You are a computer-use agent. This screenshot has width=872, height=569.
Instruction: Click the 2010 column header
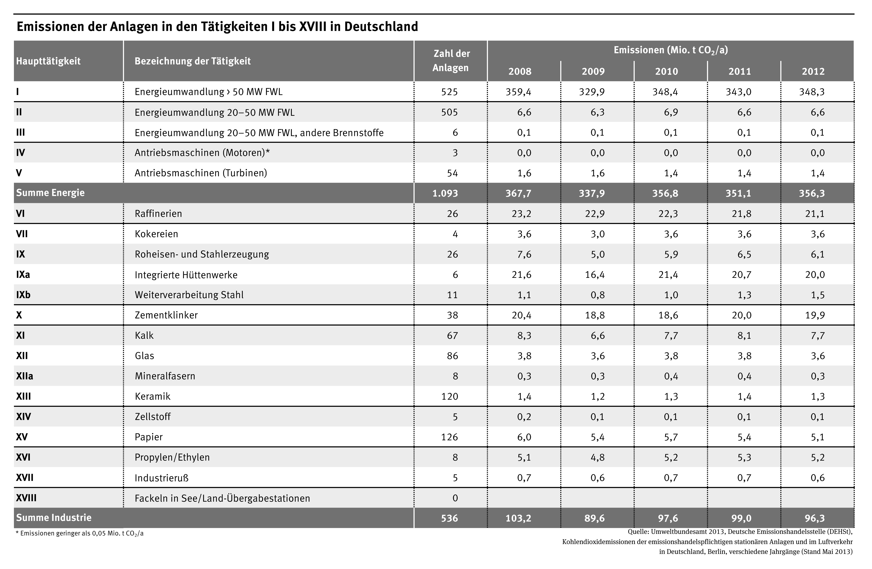tap(666, 71)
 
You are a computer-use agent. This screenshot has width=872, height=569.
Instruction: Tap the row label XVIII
tap(26, 498)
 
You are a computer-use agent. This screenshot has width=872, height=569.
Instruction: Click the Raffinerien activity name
tap(158, 213)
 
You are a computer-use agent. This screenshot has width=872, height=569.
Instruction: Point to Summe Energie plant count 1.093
tap(445, 193)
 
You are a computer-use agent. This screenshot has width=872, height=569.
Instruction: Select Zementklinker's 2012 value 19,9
tap(815, 315)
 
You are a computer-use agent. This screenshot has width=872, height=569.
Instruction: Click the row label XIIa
tap(25, 376)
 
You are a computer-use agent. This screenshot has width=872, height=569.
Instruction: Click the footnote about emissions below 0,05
tap(80, 533)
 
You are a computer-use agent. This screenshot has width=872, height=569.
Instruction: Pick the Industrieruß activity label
tap(162, 478)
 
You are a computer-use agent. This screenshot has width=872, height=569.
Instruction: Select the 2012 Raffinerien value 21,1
tap(815, 213)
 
